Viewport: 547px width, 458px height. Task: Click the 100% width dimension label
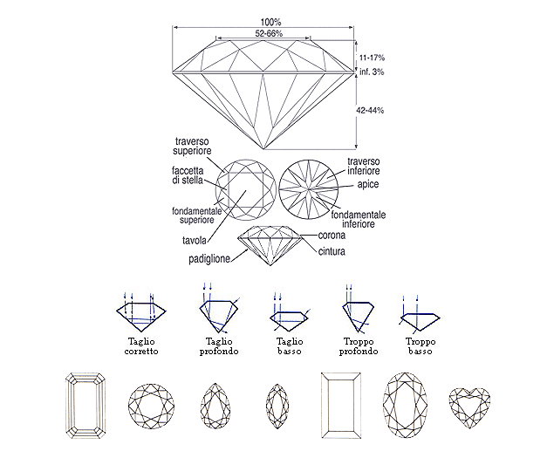click(x=270, y=22)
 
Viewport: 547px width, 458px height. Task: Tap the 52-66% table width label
click(x=269, y=33)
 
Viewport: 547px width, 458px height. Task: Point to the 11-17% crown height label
click(x=372, y=58)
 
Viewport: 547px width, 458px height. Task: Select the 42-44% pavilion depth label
click(x=370, y=110)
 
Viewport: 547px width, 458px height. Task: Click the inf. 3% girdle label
click(x=372, y=72)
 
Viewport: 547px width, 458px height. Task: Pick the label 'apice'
click(x=368, y=184)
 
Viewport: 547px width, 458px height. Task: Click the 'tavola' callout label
click(x=195, y=240)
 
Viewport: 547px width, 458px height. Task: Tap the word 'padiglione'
click(x=209, y=259)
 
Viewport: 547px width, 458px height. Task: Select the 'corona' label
click(x=332, y=235)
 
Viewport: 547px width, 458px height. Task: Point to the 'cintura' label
click(x=332, y=251)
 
